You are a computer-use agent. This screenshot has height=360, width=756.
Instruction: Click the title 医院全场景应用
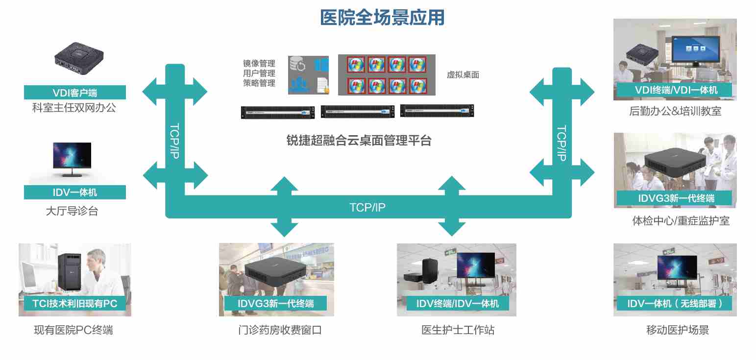pos(382,18)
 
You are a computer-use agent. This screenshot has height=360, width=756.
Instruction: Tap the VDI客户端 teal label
pos(75,93)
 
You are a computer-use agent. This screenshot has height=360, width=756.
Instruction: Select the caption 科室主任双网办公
pos(74,108)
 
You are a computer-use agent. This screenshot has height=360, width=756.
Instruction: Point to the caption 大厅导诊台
pos(72,211)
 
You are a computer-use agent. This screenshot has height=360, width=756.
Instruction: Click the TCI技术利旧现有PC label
pos(75,304)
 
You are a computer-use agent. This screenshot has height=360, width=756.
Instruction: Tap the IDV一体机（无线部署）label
pos(675,304)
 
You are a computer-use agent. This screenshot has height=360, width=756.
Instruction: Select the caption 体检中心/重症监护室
pos(681,221)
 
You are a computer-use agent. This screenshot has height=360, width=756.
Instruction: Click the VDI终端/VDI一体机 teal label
pos(676,90)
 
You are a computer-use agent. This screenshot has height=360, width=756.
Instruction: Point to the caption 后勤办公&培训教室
pos(675,111)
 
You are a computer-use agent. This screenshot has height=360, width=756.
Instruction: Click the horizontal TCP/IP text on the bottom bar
pos(367,208)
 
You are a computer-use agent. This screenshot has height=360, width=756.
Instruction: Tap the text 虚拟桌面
pos(463,75)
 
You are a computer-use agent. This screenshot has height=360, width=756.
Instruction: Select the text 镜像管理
pos(259,64)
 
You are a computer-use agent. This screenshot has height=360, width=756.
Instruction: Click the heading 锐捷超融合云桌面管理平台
pos(359,141)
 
